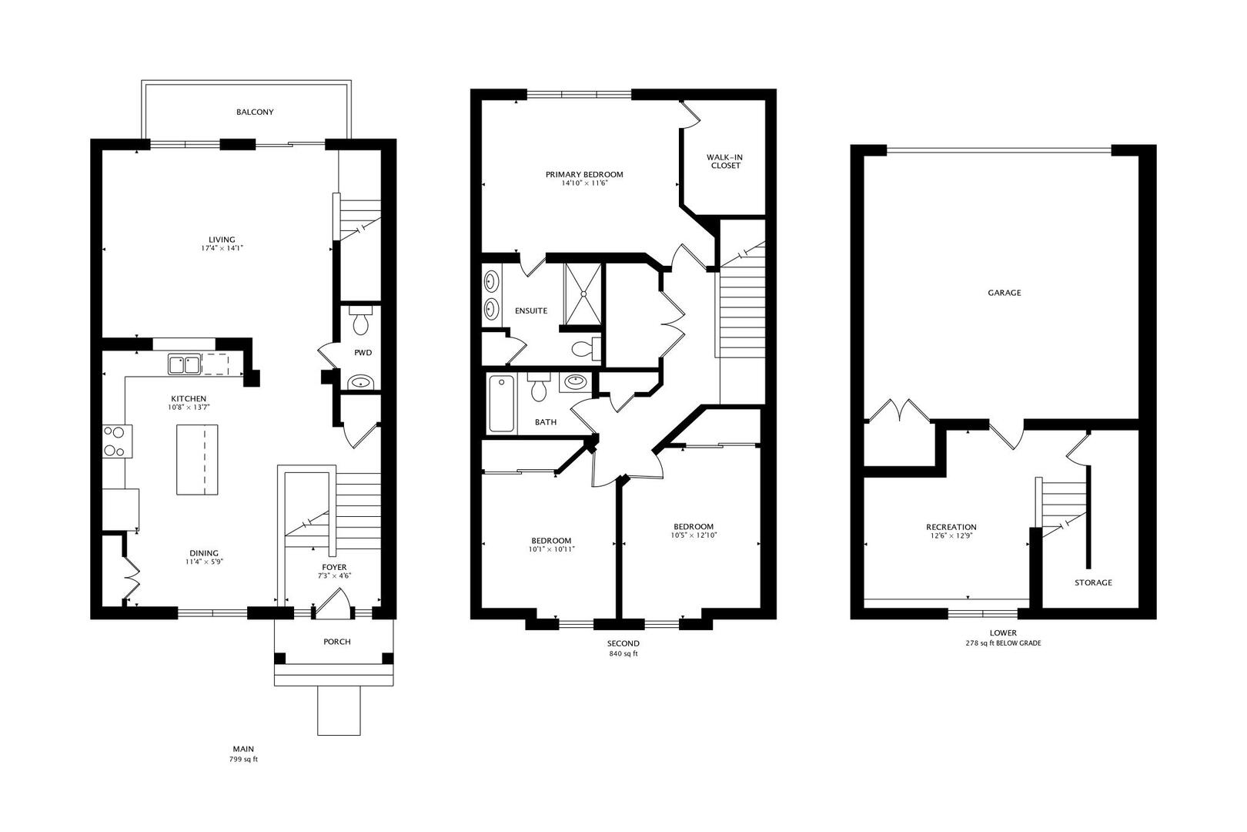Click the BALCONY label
(255, 112)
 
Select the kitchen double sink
(184, 364)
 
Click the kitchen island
(197, 460)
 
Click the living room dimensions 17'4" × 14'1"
(222, 249)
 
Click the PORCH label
(337, 642)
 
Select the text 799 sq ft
(244, 759)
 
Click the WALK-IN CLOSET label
(726, 162)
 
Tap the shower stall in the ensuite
(583, 294)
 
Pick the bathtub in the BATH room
(502, 404)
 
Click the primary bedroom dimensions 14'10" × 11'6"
(584, 183)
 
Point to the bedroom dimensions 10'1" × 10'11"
(552, 549)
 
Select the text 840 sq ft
(623, 654)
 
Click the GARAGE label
(1005, 293)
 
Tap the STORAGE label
(1093, 582)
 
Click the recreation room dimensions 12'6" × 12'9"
(951, 535)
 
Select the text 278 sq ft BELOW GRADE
(1003, 643)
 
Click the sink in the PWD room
(361, 382)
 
